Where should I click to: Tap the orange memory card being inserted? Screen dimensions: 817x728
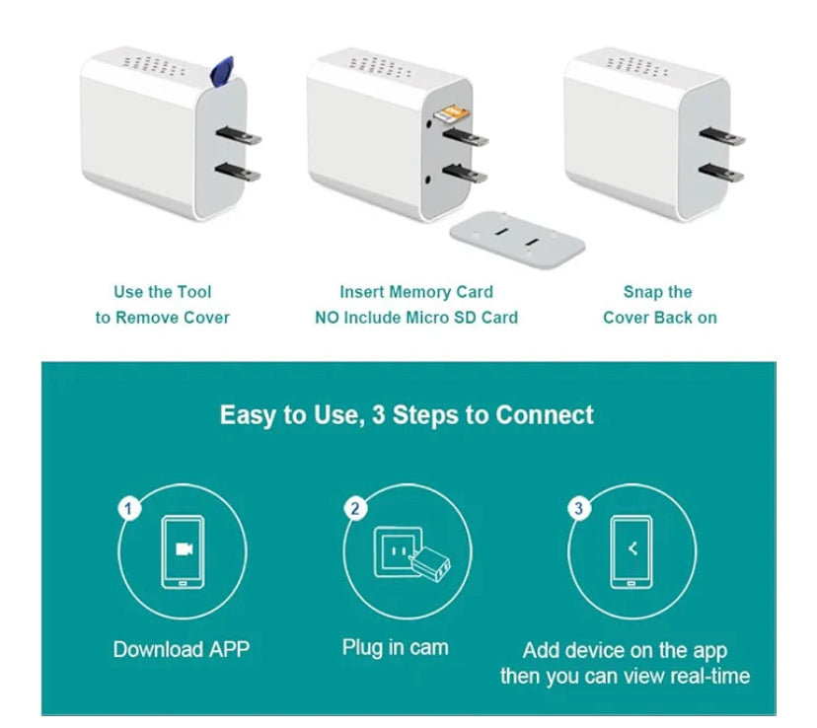452,113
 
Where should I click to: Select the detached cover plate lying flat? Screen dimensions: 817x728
517,240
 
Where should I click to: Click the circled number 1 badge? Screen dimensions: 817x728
129,508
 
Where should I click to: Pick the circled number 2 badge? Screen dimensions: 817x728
355,508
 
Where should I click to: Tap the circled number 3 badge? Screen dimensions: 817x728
578,508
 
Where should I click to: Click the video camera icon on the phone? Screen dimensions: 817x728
184,548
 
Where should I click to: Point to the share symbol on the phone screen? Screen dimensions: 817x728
632,548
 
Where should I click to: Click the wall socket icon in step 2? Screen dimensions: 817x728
399,551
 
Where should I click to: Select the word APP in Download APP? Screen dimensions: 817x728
229,649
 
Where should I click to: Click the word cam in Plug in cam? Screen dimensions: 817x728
429,648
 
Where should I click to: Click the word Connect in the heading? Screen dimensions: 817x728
544,415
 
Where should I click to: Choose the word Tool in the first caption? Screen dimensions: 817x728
194,292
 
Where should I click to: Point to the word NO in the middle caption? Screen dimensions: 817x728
327,318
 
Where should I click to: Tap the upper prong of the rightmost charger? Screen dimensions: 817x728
722,136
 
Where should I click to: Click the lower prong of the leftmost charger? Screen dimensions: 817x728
238,172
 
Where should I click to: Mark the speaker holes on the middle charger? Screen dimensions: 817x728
380,67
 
